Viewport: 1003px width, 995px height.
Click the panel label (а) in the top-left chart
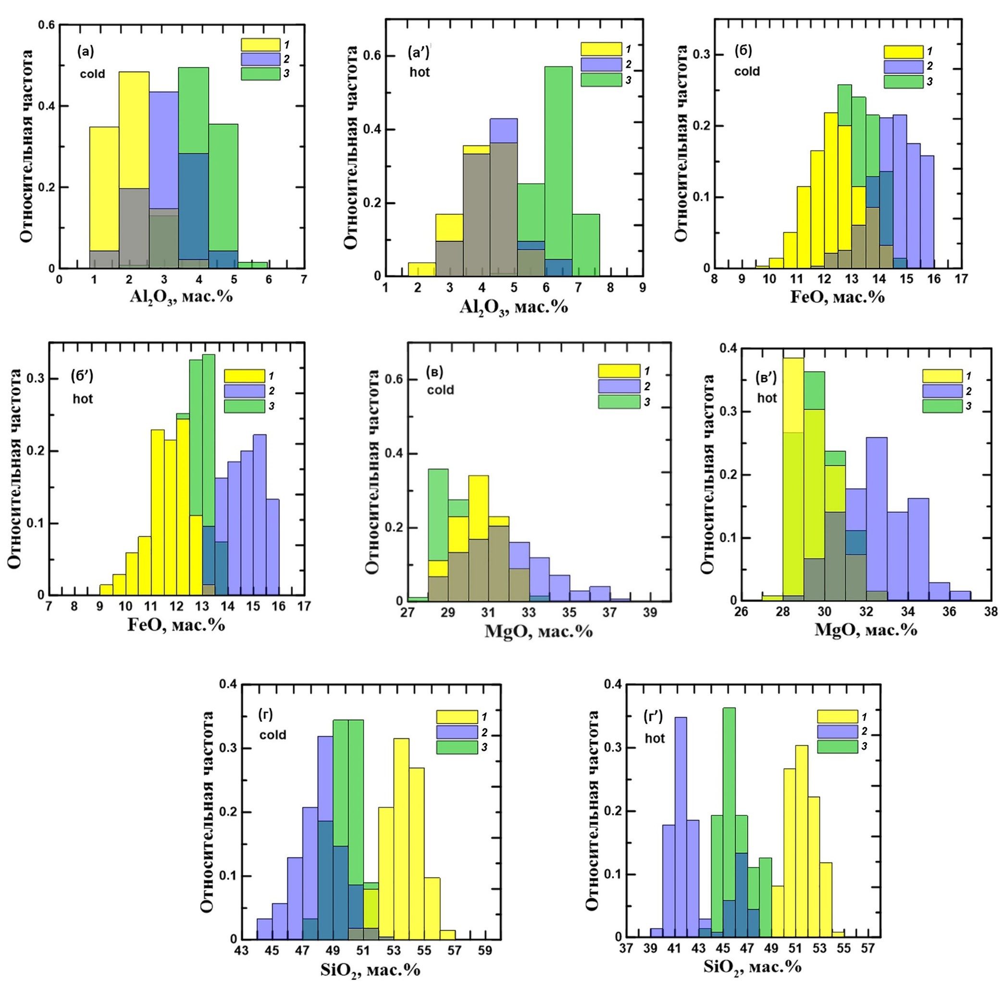(x=86, y=51)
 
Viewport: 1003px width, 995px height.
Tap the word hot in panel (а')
(x=420, y=72)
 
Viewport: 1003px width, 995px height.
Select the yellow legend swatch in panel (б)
(x=904, y=52)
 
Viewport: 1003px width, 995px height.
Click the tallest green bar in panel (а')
(x=558, y=172)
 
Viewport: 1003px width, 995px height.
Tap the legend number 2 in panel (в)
(x=647, y=386)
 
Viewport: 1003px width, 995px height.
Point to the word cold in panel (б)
(x=746, y=71)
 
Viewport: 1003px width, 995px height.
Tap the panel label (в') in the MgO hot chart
(x=766, y=379)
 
